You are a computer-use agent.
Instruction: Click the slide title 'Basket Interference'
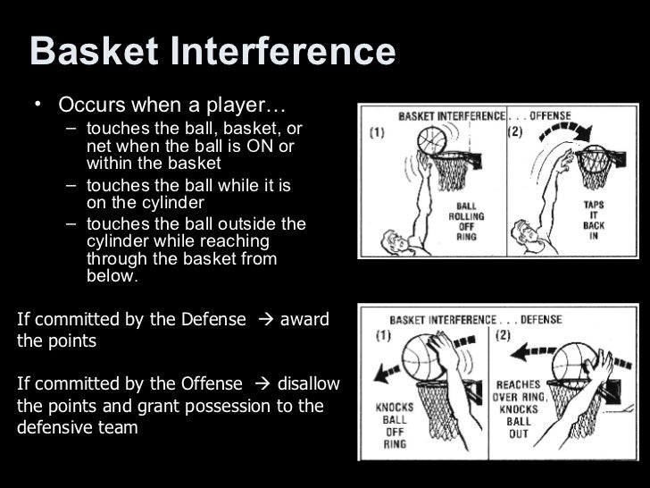click(212, 52)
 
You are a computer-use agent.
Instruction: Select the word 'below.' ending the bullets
click(112, 276)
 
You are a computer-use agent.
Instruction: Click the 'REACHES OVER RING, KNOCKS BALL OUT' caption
click(518, 408)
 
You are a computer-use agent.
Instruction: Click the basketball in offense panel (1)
click(431, 141)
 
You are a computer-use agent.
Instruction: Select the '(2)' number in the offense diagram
click(515, 132)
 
